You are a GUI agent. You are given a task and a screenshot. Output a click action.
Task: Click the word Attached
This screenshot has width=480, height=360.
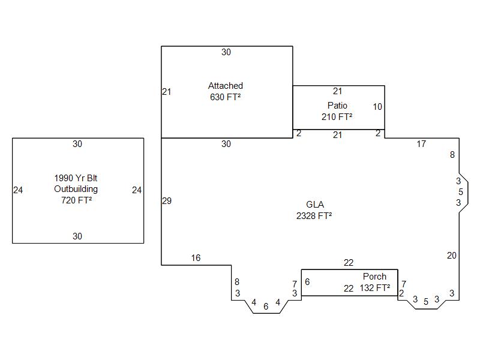(x=226, y=86)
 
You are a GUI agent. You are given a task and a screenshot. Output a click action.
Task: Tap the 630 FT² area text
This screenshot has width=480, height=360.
(x=226, y=97)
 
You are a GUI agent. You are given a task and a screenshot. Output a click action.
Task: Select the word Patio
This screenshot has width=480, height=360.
(x=337, y=106)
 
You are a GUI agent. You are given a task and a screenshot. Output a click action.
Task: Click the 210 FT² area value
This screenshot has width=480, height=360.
(x=337, y=116)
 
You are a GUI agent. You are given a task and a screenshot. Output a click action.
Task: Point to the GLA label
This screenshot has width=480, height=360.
(x=315, y=205)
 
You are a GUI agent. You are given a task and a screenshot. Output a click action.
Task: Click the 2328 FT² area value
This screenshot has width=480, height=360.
(x=314, y=216)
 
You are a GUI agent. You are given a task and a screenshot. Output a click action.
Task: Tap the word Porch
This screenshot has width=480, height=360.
(x=374, y=277)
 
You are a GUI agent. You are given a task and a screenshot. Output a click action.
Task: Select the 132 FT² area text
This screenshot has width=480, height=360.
(x=375, y=288)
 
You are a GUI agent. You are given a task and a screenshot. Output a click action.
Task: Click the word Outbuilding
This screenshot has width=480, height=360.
(x=76, y=189)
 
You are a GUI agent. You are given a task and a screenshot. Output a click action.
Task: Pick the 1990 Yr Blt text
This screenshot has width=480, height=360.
(x=76, y=178)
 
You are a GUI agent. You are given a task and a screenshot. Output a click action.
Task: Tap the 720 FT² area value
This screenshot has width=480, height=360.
(x=77, y=200)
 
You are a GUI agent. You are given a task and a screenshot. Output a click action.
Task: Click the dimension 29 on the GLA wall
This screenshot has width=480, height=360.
(x=167, y=201)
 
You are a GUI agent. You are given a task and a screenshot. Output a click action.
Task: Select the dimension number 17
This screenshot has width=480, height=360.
(x=421, y=144)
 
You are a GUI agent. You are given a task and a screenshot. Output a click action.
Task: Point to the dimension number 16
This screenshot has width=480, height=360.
(x=196, y=258)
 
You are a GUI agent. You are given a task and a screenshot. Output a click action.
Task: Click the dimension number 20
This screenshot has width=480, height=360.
(x=452, y=256)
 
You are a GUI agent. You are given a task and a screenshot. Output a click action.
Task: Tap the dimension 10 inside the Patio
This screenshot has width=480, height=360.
(x=377, y=107)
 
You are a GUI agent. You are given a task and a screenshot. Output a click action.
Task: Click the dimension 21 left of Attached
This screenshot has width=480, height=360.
(x=167, y=92)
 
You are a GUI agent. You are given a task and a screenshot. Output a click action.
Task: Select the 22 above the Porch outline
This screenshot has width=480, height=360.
(x=349, y=263)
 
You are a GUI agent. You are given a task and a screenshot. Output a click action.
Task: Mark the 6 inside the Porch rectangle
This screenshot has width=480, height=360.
(x=307, y=282)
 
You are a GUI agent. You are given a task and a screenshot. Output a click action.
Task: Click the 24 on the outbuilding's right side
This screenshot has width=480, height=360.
(x=137, y=190)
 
